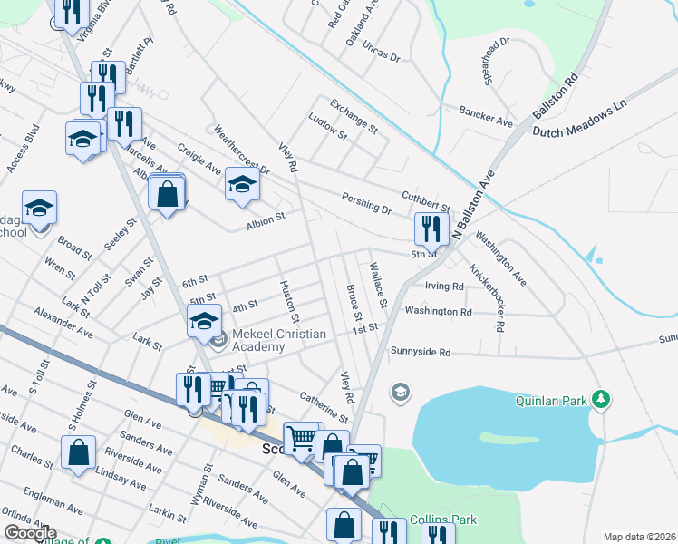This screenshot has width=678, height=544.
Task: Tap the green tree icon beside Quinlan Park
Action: pos(598,399)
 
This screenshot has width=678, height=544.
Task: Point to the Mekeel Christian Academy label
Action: pos(278,340)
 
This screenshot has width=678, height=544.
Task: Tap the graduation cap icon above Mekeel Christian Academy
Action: pos(205,320)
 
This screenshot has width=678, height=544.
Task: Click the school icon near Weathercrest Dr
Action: pos(242,184)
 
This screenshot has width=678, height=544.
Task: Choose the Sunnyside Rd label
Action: pos(420,351)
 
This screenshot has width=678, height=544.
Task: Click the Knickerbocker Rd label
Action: pos(487,296)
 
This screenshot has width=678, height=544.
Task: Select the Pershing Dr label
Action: pos(366,202)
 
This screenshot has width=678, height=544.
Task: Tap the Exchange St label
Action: pos(354,116)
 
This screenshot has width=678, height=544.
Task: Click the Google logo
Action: pos(30,533)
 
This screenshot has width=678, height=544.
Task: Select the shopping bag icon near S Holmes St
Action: pos(79,452)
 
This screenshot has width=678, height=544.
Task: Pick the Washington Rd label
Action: pos(439,311)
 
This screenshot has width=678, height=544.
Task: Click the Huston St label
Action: pos(289,301)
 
